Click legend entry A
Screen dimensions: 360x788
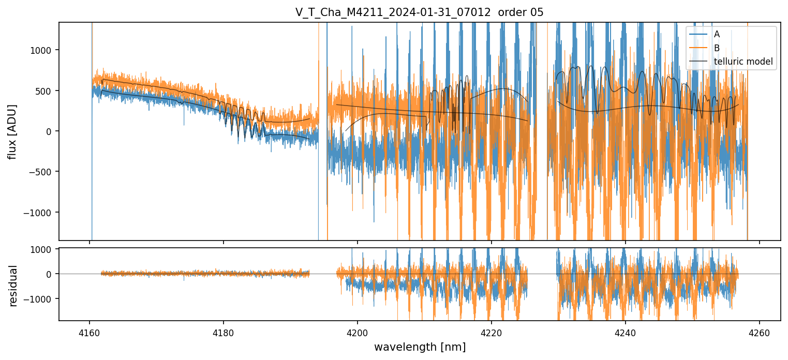[717, 34]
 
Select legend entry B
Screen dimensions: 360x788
[717, 48]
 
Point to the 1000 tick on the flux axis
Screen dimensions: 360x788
[44, 50]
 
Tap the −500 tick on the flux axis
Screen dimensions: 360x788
[44, 172]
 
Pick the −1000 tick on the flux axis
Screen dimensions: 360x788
[42, 213]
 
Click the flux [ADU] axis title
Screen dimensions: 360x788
[12, 131]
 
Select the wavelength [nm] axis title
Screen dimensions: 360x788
[419, 347]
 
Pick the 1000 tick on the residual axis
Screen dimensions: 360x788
[44, 249]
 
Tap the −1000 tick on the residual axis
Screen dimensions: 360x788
[42, 299]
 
